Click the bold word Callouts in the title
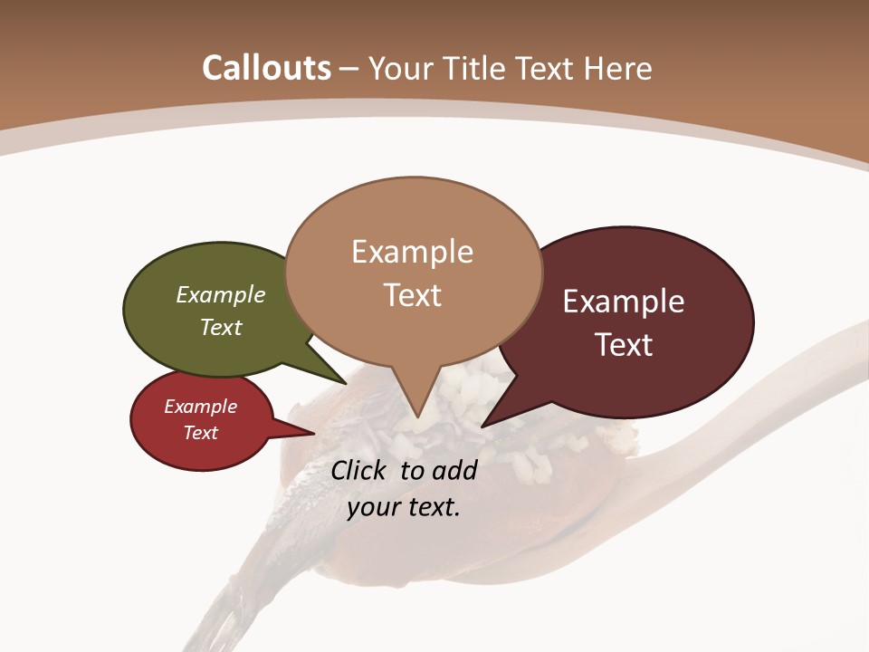(x=266, y=68)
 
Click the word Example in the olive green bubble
(x=221, y=295)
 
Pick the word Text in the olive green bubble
(x=221, y=327)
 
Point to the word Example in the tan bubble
(x=412, y=252)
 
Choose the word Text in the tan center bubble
(x=412, y=295)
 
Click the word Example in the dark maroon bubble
(x=624, y=302)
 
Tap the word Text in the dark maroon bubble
(x=625, y=345)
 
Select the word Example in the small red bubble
(x=201, y=407)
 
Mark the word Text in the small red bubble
(x=201, y=433)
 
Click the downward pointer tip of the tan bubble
(x=417, y=417)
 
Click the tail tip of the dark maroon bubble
(x=484, y=425)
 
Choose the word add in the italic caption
(x=455, y=470)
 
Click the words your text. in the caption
(x=404, y=507)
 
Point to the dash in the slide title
(x=350, y=70)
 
